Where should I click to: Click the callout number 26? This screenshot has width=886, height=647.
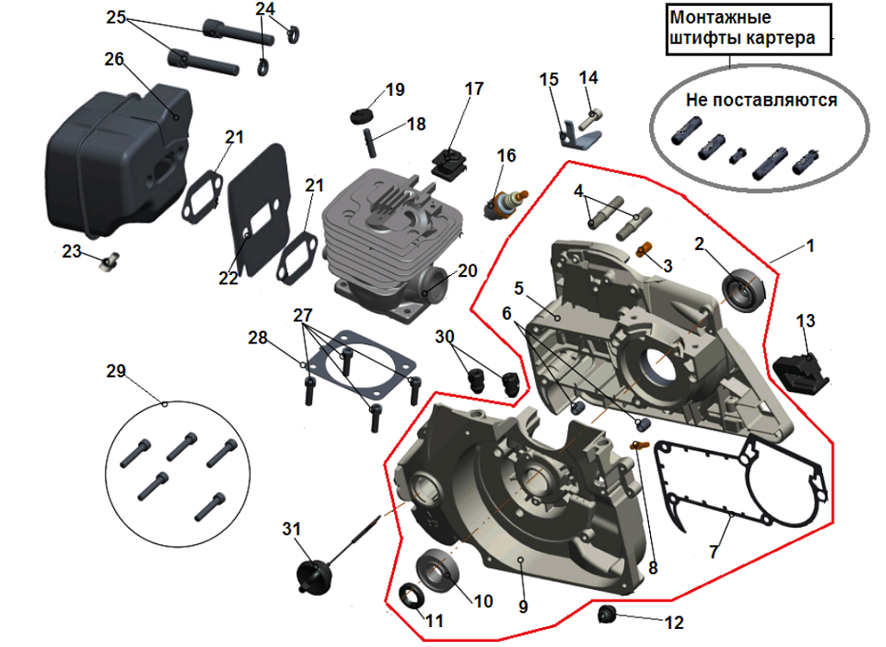pyautogui.click(x=114, y=59)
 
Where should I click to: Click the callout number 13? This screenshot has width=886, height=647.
pyautogui.click(x=805, y=322)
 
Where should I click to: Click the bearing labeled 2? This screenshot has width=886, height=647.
pyautogui.click(x=744, y=290)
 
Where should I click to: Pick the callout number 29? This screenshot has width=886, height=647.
pyautogui.click(x=116, y=371)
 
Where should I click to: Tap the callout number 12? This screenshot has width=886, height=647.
pyautogui.click(x=674, y=622)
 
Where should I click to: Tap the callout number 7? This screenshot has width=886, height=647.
pyautogui.click(x=714, y=551)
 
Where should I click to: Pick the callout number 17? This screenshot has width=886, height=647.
pyautogui.click(x=474, y=88)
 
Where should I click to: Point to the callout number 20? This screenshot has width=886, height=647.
pyautogui.click(x=467, y=271)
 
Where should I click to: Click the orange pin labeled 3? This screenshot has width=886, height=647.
pyautogui.click(x=643, y=251)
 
